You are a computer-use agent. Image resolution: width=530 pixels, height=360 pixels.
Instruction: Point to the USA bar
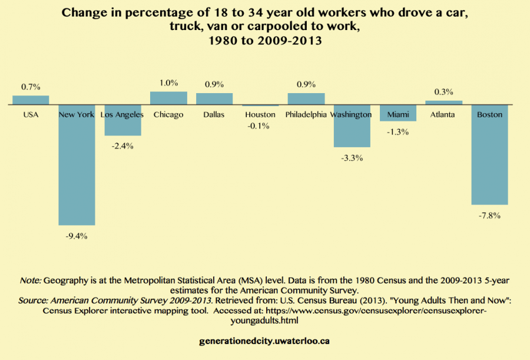(31, 100)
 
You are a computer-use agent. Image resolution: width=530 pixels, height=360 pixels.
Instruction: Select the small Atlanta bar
(444, 103)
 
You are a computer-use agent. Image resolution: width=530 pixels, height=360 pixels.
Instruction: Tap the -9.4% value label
(77, 236)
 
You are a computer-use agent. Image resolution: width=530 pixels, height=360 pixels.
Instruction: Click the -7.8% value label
(489, 216)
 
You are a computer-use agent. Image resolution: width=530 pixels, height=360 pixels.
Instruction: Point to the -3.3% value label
(352, 158)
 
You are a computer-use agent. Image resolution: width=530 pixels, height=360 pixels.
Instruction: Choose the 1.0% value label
(168, 83)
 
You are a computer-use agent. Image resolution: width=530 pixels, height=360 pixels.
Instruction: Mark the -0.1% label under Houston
(260, 125)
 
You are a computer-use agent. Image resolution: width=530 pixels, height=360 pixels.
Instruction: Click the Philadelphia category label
(306, 115)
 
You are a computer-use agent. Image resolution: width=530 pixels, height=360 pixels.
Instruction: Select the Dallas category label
(214, 115)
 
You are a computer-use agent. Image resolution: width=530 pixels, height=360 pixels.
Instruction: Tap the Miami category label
(397, 115)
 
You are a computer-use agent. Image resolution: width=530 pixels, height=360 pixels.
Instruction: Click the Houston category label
(260, 115)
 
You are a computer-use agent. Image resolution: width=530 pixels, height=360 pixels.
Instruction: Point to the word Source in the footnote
(33, 300)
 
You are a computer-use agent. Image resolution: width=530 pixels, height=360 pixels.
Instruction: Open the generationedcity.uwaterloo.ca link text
(265, 341)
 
